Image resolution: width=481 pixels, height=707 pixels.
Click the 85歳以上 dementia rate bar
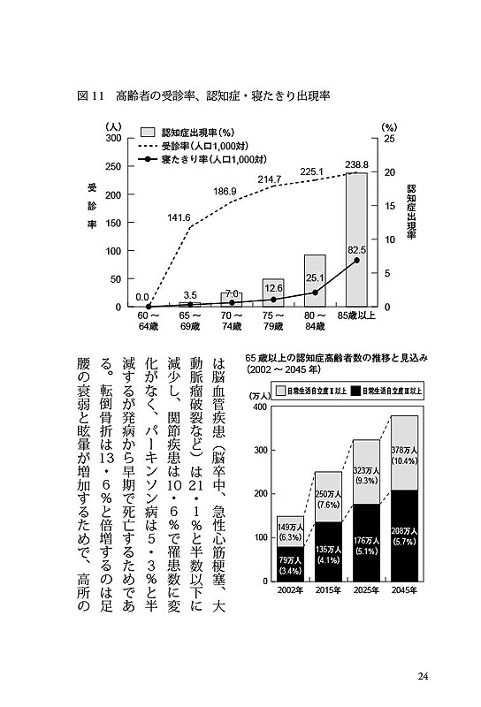(356, 239)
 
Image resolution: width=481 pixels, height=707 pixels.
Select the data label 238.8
(356, 165)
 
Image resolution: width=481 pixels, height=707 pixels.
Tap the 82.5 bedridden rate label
(356, 250)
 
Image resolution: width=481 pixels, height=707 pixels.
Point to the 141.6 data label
(179, 217)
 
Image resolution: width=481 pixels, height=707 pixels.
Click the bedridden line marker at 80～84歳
(315, 293)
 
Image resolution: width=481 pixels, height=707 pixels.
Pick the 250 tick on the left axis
(113, 166)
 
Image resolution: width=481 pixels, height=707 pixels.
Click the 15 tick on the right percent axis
(389, 206)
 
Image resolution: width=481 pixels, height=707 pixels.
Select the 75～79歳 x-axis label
(273, 321)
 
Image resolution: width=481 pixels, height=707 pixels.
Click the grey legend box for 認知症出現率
(148, 132)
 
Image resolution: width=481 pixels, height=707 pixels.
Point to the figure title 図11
(91, 96)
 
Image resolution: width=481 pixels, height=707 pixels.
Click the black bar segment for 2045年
(404, 536)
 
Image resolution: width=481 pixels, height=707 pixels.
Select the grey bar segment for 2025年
(366, 472)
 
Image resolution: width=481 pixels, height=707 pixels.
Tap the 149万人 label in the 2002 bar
(290, 528)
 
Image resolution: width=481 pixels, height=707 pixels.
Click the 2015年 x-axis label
(328, 589)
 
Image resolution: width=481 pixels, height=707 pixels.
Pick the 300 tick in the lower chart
(260, 450)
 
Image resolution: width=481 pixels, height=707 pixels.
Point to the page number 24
(423, 676)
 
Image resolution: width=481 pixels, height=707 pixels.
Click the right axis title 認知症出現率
(410, 211)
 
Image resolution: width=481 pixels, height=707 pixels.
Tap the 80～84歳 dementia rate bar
(315, 281)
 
